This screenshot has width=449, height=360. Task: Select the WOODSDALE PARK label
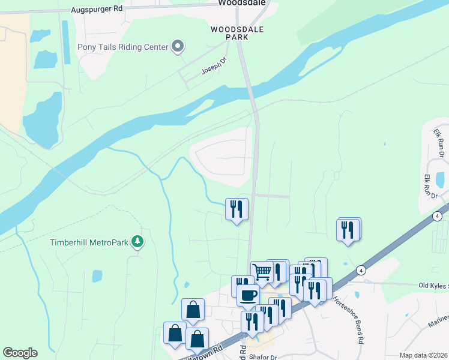(229, 32)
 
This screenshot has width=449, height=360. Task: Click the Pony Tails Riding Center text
(122, 47)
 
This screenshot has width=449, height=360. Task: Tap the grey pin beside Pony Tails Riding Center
(178, 46)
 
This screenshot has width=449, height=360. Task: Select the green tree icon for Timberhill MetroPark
(138, 241)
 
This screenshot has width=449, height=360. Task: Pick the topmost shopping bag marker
(193, 310)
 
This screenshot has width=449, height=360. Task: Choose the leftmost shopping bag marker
(175, 332)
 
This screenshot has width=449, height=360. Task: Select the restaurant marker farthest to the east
(348, 229)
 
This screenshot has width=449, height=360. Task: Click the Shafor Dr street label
(262, 356)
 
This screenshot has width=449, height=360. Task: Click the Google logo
(20, 353)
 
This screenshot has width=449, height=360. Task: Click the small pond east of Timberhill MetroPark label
(97, 276)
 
